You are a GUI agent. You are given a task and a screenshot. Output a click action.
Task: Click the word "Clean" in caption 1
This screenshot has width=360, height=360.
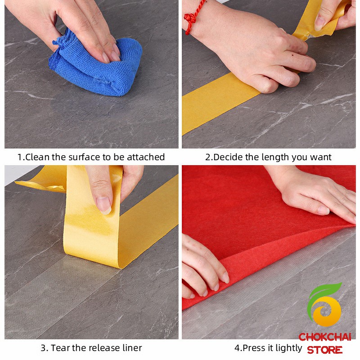click(x=37, y=157)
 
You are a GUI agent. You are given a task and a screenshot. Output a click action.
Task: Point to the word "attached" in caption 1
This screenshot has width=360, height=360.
click(x=146, y=157)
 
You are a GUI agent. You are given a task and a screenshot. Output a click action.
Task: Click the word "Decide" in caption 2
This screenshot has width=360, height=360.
click(x=228, y=157)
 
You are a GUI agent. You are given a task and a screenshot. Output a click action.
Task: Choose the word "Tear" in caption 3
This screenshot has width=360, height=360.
click(x=60, y=348)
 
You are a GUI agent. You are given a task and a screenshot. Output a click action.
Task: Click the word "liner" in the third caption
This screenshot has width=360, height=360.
click(x=132, y=348)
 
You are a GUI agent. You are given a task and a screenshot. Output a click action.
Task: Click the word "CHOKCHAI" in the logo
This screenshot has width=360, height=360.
click(x=325, y=337)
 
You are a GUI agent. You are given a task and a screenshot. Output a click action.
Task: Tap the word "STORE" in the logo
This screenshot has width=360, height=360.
click(x=325, y=350)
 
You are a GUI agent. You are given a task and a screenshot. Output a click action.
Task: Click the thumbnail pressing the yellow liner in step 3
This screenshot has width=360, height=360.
click(x=104, y=205)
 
